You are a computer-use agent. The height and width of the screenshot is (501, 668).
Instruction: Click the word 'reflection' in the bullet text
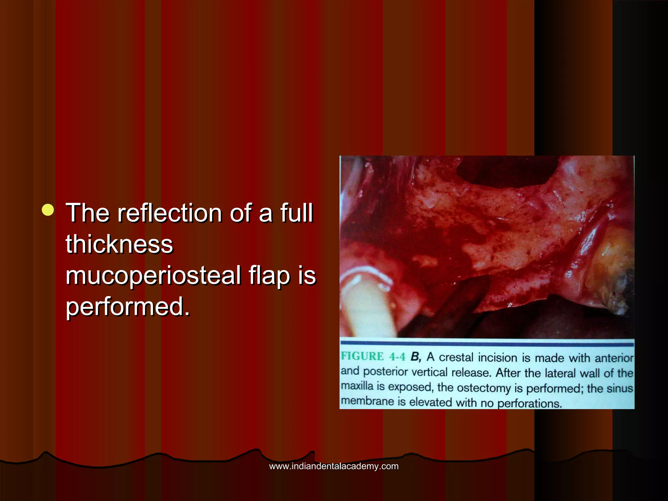170,213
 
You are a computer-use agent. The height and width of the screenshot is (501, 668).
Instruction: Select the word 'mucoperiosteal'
153,275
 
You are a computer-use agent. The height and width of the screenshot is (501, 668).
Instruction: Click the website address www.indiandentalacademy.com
334,466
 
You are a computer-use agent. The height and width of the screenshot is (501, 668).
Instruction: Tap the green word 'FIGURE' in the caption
362,356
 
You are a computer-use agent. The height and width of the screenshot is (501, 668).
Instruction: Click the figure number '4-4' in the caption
397,357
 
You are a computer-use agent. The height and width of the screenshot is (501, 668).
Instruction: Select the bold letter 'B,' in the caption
416,357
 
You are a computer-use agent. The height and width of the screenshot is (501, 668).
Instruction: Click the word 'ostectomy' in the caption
484,388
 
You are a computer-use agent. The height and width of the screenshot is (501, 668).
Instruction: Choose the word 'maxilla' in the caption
357,386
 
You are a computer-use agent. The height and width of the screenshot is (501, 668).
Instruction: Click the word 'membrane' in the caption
367,401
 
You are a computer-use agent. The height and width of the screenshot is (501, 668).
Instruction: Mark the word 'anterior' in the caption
614,358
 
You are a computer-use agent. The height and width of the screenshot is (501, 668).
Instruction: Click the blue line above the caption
487,343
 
